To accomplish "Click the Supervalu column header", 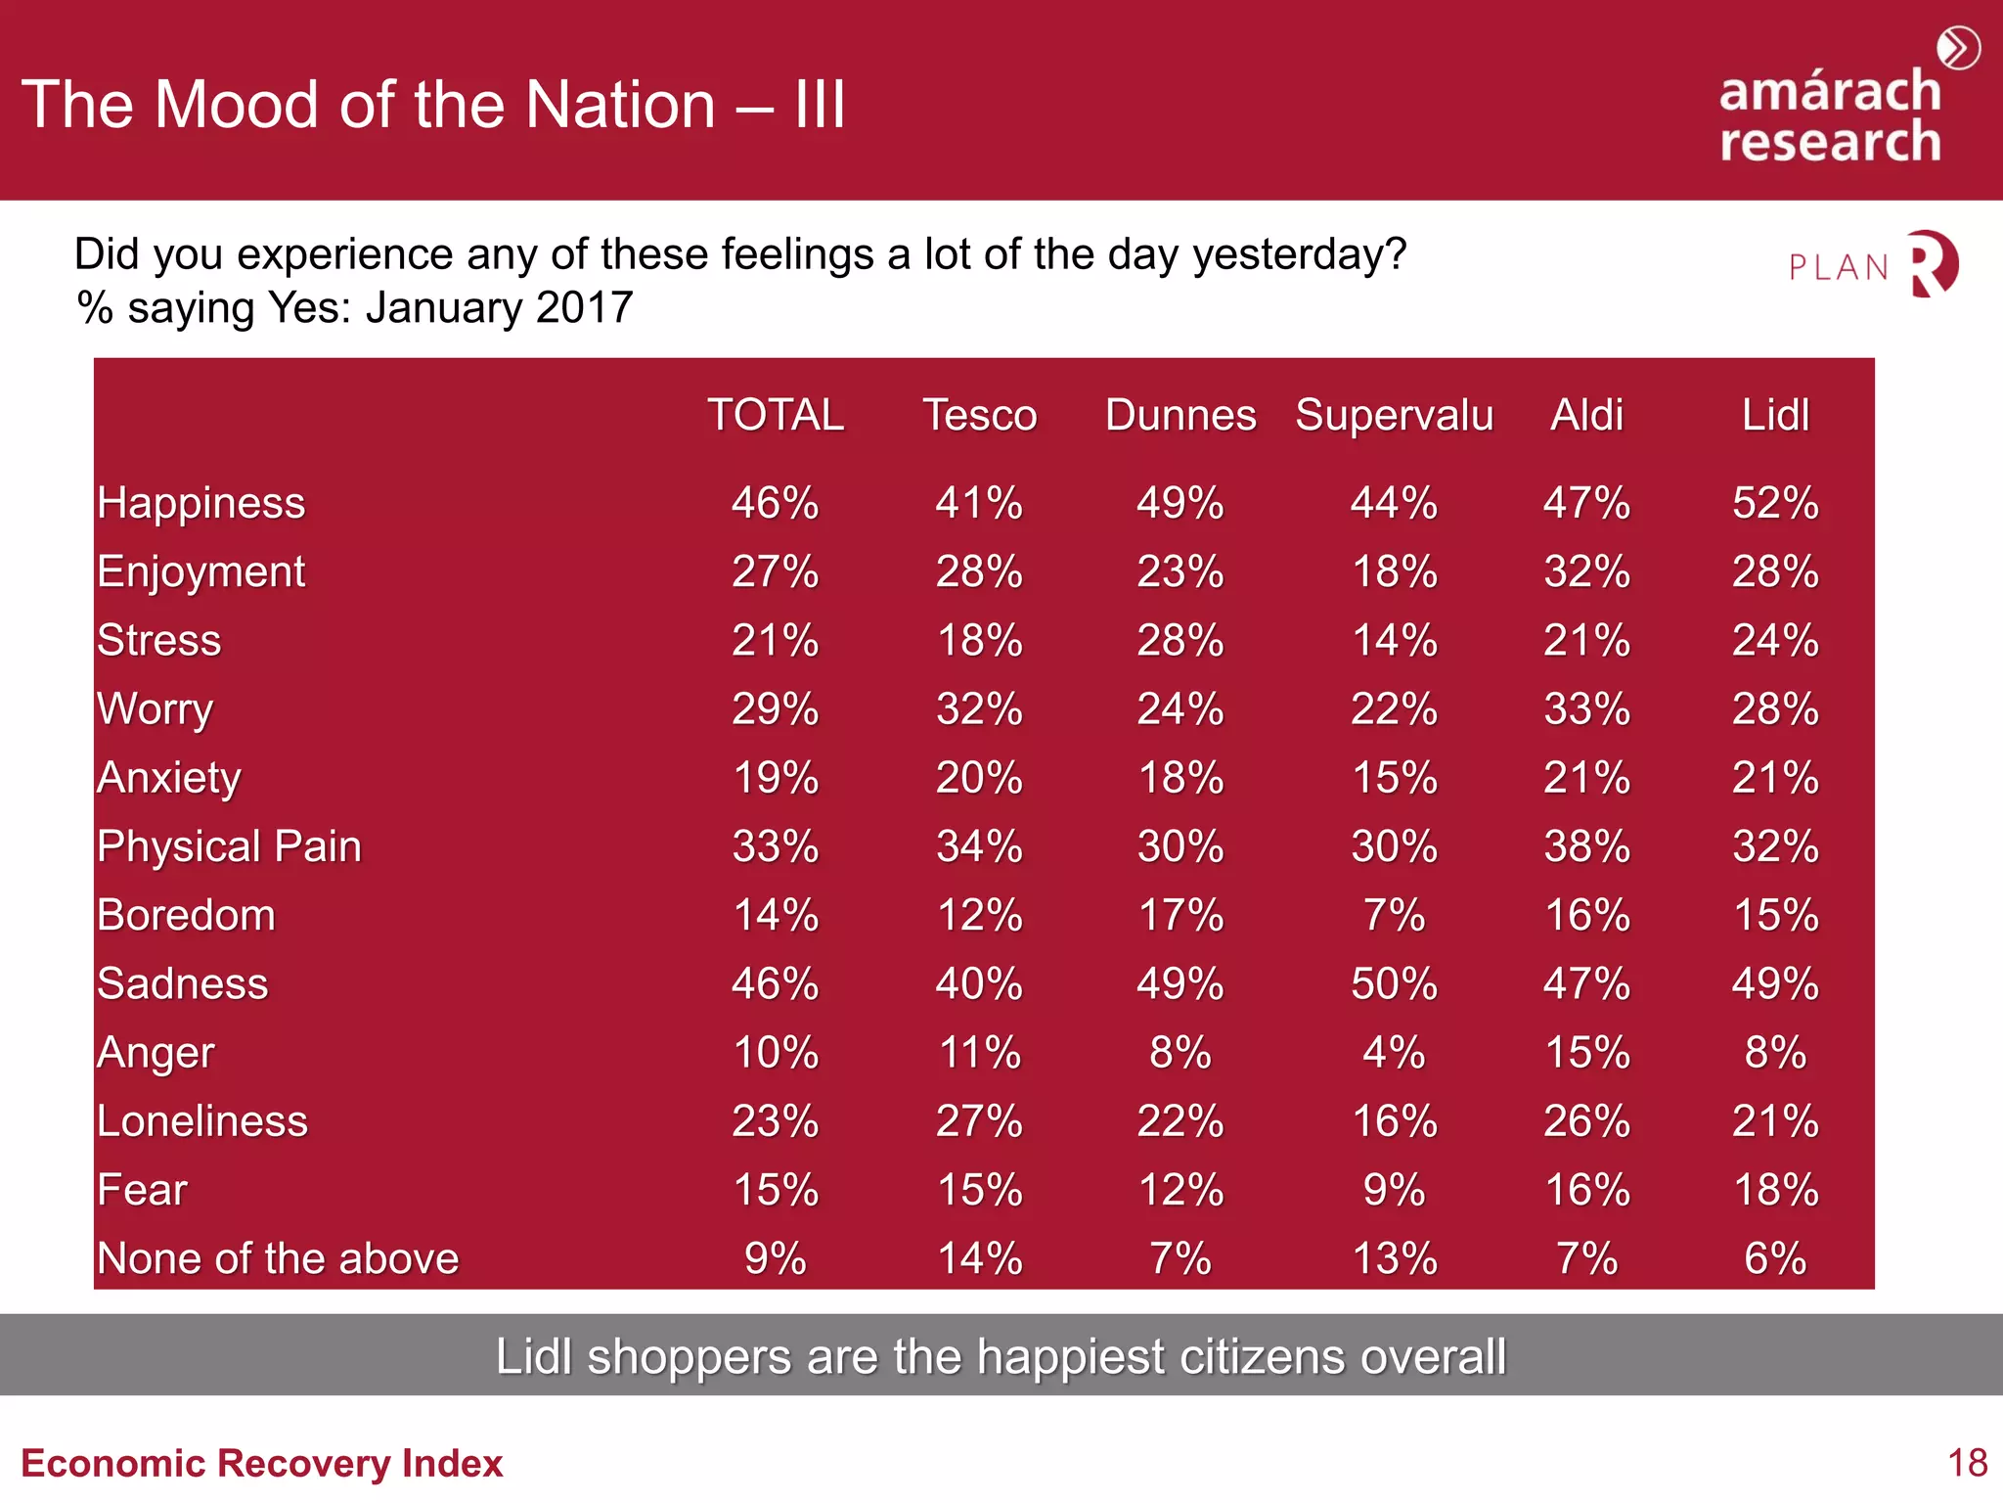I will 1394,416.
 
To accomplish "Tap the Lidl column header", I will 1775,415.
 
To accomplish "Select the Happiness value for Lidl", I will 1775,503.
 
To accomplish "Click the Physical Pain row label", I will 229,846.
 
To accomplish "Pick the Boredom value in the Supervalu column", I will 1394,915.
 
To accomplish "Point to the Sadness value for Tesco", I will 979,983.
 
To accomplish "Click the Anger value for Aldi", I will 1586,1053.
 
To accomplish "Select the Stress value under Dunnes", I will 1180,641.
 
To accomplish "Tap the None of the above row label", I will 278,1258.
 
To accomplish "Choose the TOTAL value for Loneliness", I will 775,1121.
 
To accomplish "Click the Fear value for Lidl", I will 1775,1190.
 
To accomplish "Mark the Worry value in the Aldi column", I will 1586,709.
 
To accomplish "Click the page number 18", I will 1967,1463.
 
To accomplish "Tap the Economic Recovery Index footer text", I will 261,1463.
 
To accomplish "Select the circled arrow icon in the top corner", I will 1959,48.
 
